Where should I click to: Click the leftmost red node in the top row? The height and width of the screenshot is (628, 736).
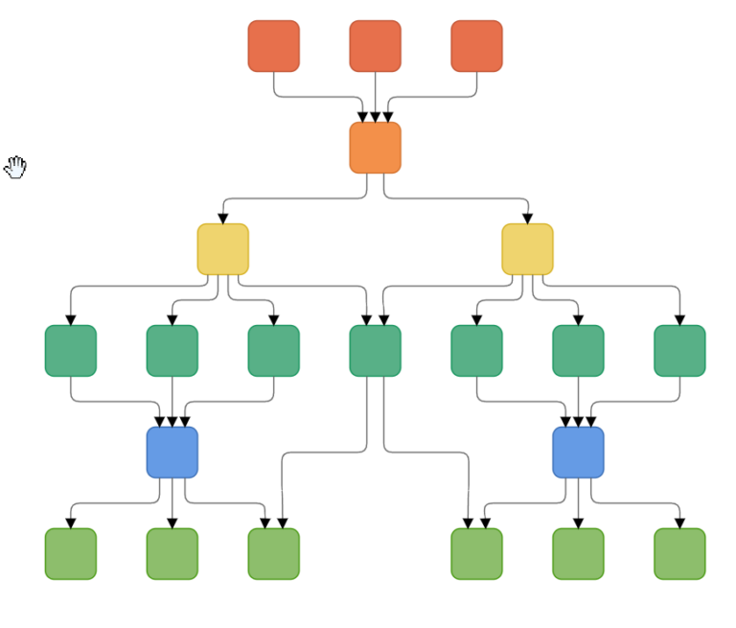tap(274, 46)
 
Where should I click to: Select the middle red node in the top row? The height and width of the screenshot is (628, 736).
tap(375, 46)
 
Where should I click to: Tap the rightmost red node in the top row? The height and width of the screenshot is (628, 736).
tap(476, 46)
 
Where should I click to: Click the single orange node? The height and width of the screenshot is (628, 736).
tap(375, 148)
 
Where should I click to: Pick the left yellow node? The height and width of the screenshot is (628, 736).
tap(223, 249)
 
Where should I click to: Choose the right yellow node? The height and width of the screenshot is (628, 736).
tap(527, 249)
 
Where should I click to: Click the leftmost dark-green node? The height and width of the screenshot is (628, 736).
tap(71, 351)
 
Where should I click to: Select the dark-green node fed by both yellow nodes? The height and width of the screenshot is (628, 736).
tap(375, 351)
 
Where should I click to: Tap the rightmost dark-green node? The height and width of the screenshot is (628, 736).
tap(679, 351)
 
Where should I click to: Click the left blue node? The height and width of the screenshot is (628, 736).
tap(172, 453)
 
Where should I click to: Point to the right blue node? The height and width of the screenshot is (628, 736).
tap(578, 453)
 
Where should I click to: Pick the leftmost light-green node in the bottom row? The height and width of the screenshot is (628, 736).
tap(71, 554)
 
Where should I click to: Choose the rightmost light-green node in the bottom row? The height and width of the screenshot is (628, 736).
tap(679, 554)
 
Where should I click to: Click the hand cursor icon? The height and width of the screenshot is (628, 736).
tap(16, 167)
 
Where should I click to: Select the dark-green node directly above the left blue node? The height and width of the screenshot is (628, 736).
tap(172, 351)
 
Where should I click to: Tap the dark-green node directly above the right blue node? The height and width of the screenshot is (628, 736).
tap(578, 351)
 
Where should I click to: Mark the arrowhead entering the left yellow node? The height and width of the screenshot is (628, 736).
tap(223, 219)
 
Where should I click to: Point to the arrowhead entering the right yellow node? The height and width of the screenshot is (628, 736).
tap(527, 219)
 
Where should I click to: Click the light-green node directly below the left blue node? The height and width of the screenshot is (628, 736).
tap(172, 554)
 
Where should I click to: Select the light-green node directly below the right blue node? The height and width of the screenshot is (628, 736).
tap(578, 554)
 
